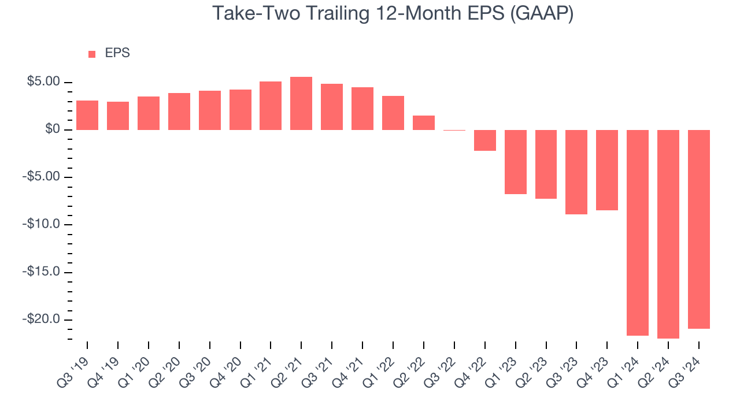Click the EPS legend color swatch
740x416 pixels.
[92, 54]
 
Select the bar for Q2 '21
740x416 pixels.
[301, 103]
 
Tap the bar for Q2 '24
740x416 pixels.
[668, 234]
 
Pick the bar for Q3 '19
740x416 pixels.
[87, 115]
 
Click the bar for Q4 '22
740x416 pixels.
[484, 140]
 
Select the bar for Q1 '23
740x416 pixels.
[515, 162]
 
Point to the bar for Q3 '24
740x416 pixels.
[698, 229]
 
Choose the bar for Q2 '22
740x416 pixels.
[423, 122]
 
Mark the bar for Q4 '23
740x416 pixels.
[607, 170]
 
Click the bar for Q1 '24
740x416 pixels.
[638, 232]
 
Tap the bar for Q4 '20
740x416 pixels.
[240, 110]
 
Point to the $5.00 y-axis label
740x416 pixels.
[43, 82]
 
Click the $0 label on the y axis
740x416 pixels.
[52, 129]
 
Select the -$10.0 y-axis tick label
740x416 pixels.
[42, 225]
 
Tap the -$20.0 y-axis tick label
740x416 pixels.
[42, 320]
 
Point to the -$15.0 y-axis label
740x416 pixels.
[42, 272]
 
